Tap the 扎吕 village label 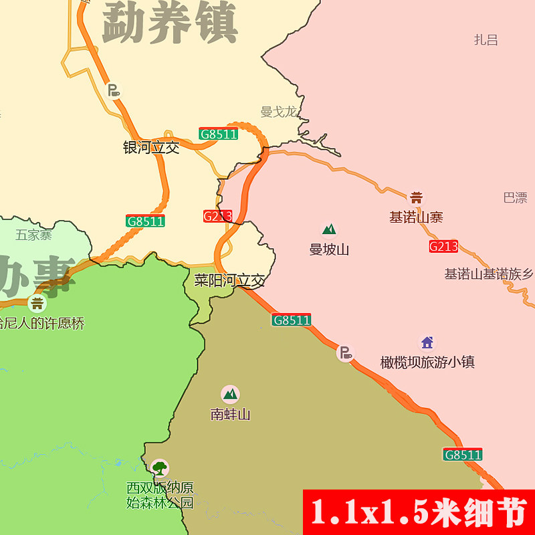[486, 40]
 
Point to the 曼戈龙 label [278, 112]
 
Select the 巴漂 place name [515, 198]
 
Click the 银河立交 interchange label [151, 148]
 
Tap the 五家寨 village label [33, 235]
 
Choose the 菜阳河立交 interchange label [229, 280]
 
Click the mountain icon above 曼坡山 [328, 230]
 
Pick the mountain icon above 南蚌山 [230, 394]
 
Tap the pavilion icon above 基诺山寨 [416, 197]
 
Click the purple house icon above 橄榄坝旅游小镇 [427, 343]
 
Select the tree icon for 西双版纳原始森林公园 [159, 467]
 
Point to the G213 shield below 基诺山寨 [443, 246]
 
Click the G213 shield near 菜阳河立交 [217, 216]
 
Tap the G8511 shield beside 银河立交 [219, 134]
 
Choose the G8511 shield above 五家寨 [145, 221]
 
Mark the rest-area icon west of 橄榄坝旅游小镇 [344, 352]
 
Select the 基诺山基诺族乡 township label [489, 274]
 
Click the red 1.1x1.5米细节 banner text [419, 512]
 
